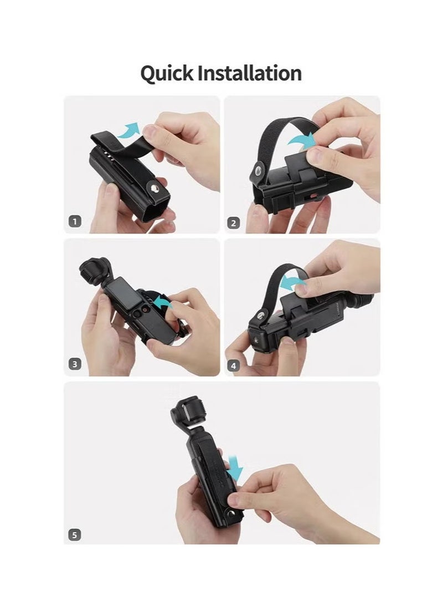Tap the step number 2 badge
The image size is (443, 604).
pyautogui.click(x=234, y=223)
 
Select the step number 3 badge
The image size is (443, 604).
pyautogui.click(x=75, y=364)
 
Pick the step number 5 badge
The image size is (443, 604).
pyautogui.click(x=75, y=535)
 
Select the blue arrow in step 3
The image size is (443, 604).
pyautogui.click(x=162, y=303)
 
